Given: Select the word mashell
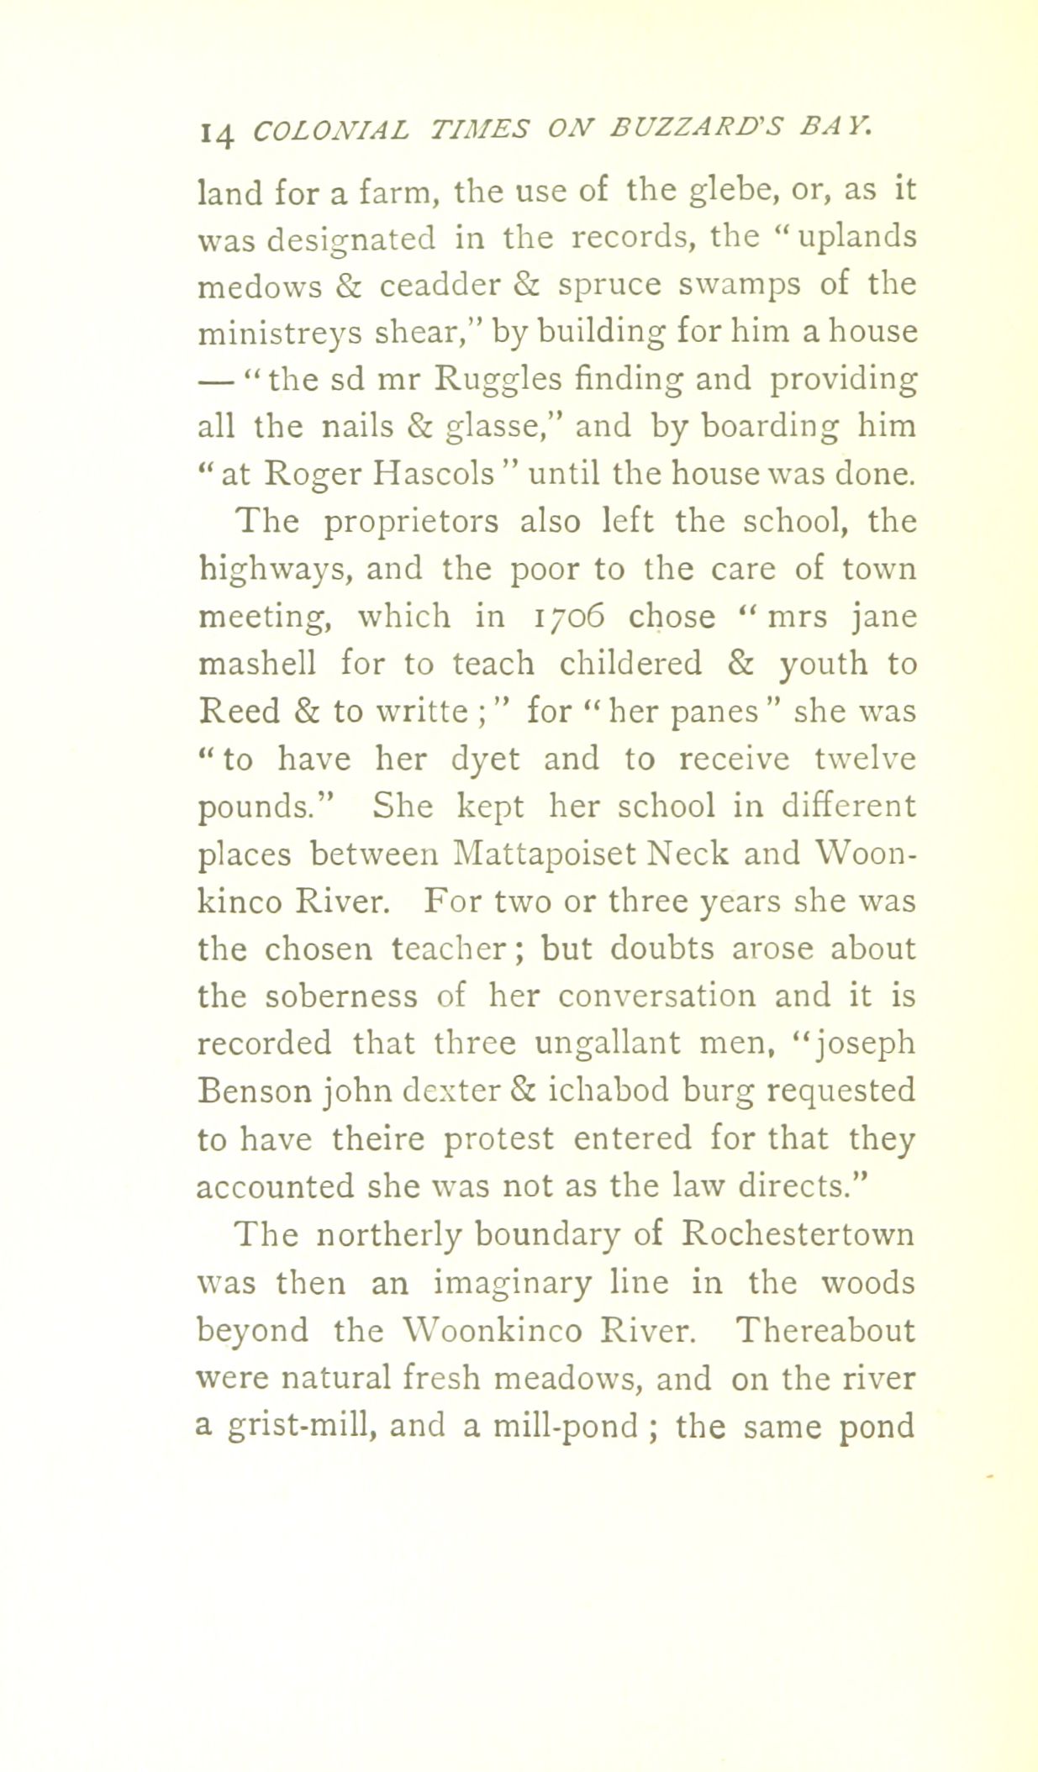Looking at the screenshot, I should click(x=257, y=664).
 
